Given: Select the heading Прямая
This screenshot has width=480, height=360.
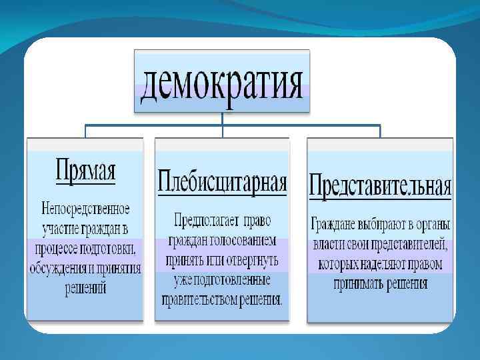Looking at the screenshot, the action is pyautogui.click(x=85, y=171).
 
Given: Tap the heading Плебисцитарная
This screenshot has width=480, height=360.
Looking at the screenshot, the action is pyautogui.click(x=222, y=181).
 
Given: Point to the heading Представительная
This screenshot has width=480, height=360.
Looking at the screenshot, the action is pyautogui.click(x=380, y=185).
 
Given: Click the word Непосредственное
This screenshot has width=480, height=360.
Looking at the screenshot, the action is pyautogui.click(x=85, y=209).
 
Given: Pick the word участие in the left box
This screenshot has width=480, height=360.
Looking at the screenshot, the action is pyautogui.click(x=57, y=229).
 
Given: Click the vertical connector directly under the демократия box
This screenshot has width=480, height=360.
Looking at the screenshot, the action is pyautogui.click(x=223, y=118).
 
